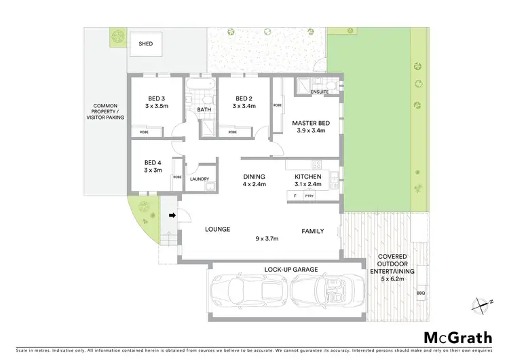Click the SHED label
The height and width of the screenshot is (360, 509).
pos(146,43)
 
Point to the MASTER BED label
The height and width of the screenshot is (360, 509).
pos(311,123)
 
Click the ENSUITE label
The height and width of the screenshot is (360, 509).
pos(320,92)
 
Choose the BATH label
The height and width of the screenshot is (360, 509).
pos(204,109)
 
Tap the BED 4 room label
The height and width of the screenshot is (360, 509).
pos(153,162)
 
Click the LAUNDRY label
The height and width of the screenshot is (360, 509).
pos(199,179)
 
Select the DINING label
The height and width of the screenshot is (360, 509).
pos(254,177)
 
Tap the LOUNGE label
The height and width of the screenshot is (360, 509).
pos(218,230)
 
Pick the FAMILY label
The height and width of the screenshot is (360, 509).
pos(313,232)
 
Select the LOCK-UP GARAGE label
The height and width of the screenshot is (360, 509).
pos(291,270)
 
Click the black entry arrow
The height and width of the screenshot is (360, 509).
pos(172,215)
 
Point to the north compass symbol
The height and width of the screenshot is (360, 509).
pos(483,305)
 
